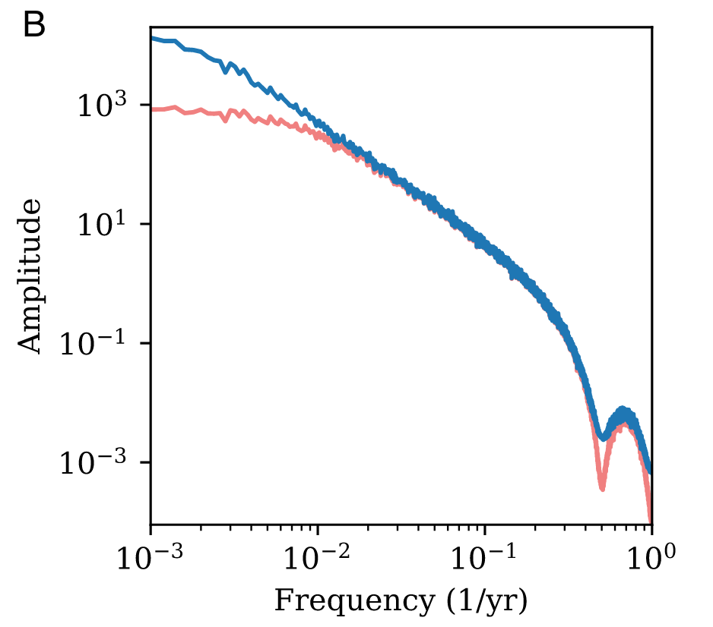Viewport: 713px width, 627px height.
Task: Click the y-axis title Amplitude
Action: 30,276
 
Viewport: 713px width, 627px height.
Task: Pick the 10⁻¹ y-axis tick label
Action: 99,344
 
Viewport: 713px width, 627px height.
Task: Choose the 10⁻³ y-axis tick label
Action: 99,463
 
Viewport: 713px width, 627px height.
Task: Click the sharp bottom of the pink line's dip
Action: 601,488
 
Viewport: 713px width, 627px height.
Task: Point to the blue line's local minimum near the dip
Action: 603,438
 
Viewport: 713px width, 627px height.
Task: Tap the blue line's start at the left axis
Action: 151,37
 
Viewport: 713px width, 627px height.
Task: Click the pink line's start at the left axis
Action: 151,109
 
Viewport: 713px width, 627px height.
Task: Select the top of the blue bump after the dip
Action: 623,410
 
